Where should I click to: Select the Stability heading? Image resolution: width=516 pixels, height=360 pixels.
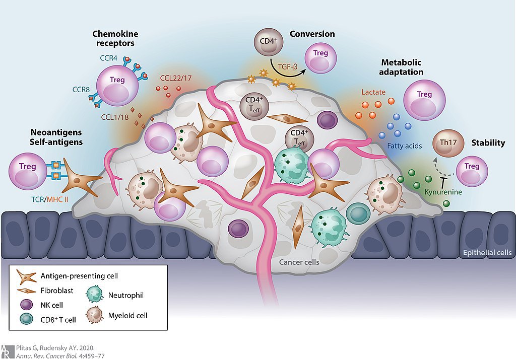[488, 143]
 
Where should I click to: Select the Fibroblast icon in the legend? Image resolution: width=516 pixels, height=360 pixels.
[26, 291]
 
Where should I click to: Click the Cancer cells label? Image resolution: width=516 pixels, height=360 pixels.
[300, 262]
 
